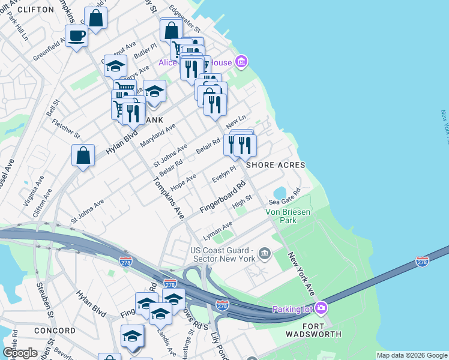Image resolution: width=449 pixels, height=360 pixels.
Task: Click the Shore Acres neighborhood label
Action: [274, 165]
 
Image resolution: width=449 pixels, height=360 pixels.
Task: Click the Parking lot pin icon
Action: [322, 308]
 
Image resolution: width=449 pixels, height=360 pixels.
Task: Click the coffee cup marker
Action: [76, 36]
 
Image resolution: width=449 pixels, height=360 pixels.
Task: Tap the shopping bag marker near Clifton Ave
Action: [83, 155]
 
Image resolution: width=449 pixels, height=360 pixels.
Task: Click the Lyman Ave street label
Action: [218, 229]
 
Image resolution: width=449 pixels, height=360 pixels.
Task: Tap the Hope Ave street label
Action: [184, 180]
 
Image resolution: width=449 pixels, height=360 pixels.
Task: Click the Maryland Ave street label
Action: [157, 136]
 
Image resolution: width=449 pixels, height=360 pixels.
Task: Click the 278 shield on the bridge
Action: [422, 262]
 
